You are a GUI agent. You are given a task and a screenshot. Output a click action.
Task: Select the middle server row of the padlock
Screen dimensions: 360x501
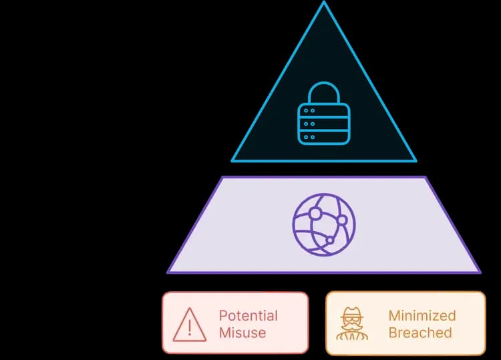pos(324,123)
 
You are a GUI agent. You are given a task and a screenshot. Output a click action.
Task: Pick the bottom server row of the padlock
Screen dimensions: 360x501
pos(324,136)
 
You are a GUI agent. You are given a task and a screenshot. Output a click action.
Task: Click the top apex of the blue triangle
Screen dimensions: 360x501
pos(324,3)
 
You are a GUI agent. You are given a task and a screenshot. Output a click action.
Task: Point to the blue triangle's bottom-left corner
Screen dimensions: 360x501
pos(232,161)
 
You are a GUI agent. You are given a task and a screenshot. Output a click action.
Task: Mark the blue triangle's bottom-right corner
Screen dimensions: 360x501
pos(415,161)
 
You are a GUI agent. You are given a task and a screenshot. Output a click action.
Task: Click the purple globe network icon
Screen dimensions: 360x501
pos(324,224)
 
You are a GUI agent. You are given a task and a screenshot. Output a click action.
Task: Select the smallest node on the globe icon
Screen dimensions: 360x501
pos(329,239)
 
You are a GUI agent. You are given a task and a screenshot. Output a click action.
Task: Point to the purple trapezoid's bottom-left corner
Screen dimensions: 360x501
pos(168,272)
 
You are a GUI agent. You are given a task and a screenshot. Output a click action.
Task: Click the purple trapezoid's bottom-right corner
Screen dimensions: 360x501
pos(480,272)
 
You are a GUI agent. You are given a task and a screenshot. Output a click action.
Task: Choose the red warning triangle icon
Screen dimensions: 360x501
pos(190,324)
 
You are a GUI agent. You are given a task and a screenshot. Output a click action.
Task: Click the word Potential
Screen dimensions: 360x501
pos(248,316)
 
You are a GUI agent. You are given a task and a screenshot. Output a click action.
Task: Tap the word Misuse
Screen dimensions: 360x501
pos(242,333)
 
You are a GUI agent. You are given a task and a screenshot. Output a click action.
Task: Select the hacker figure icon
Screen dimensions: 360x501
pos(352,324)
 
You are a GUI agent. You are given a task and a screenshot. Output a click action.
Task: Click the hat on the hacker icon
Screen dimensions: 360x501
pos(352,313)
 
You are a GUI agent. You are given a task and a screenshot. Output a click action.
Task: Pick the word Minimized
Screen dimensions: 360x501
pos(422,316)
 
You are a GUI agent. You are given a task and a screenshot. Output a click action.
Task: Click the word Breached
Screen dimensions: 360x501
pos(420,333)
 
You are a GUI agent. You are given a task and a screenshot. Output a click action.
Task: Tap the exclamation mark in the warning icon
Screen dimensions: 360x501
pos(190,327)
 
